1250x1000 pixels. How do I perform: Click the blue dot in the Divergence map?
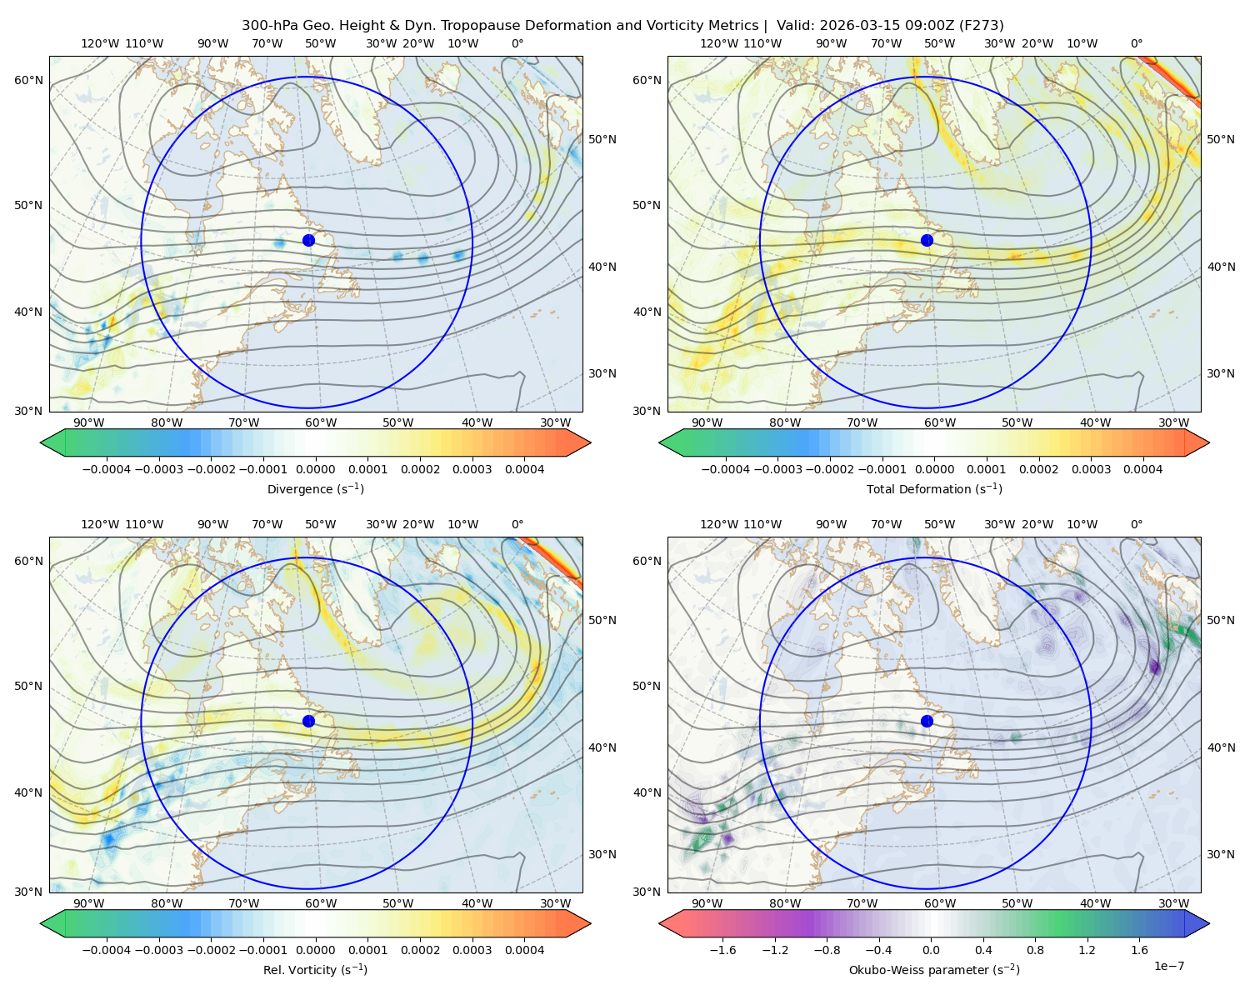click(308, 240)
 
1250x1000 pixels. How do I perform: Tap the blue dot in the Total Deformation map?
click(927, 240)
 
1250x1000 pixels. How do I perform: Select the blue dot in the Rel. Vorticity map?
click(308, 721)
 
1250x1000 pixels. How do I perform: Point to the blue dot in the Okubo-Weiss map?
click(927, 721)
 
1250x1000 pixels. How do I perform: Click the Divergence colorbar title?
click(315, 488)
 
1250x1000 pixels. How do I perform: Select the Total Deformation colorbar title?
click(934, 488)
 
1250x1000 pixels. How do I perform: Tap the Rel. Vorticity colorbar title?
click(315, 969)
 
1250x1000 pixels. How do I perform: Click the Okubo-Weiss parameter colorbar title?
click(934, 969)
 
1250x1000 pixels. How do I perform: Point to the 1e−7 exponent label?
click(1168, 966)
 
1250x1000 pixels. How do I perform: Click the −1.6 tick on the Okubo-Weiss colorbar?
click(722, 949)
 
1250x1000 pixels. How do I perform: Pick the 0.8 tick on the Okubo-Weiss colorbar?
click(1035, 949)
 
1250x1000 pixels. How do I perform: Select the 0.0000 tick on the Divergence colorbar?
click(315, 469)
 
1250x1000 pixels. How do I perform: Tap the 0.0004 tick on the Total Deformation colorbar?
click(1142, 469)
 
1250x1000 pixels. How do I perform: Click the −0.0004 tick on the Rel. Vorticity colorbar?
click(107, 949)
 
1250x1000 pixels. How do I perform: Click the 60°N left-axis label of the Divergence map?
click(28, 80)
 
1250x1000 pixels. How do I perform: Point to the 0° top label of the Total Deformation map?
click(1136, 43)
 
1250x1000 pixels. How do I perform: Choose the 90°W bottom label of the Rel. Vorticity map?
click(89, 903)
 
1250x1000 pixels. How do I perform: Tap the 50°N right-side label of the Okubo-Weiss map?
click(1220, 619)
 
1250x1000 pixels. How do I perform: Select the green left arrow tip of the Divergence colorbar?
click(40, 442)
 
